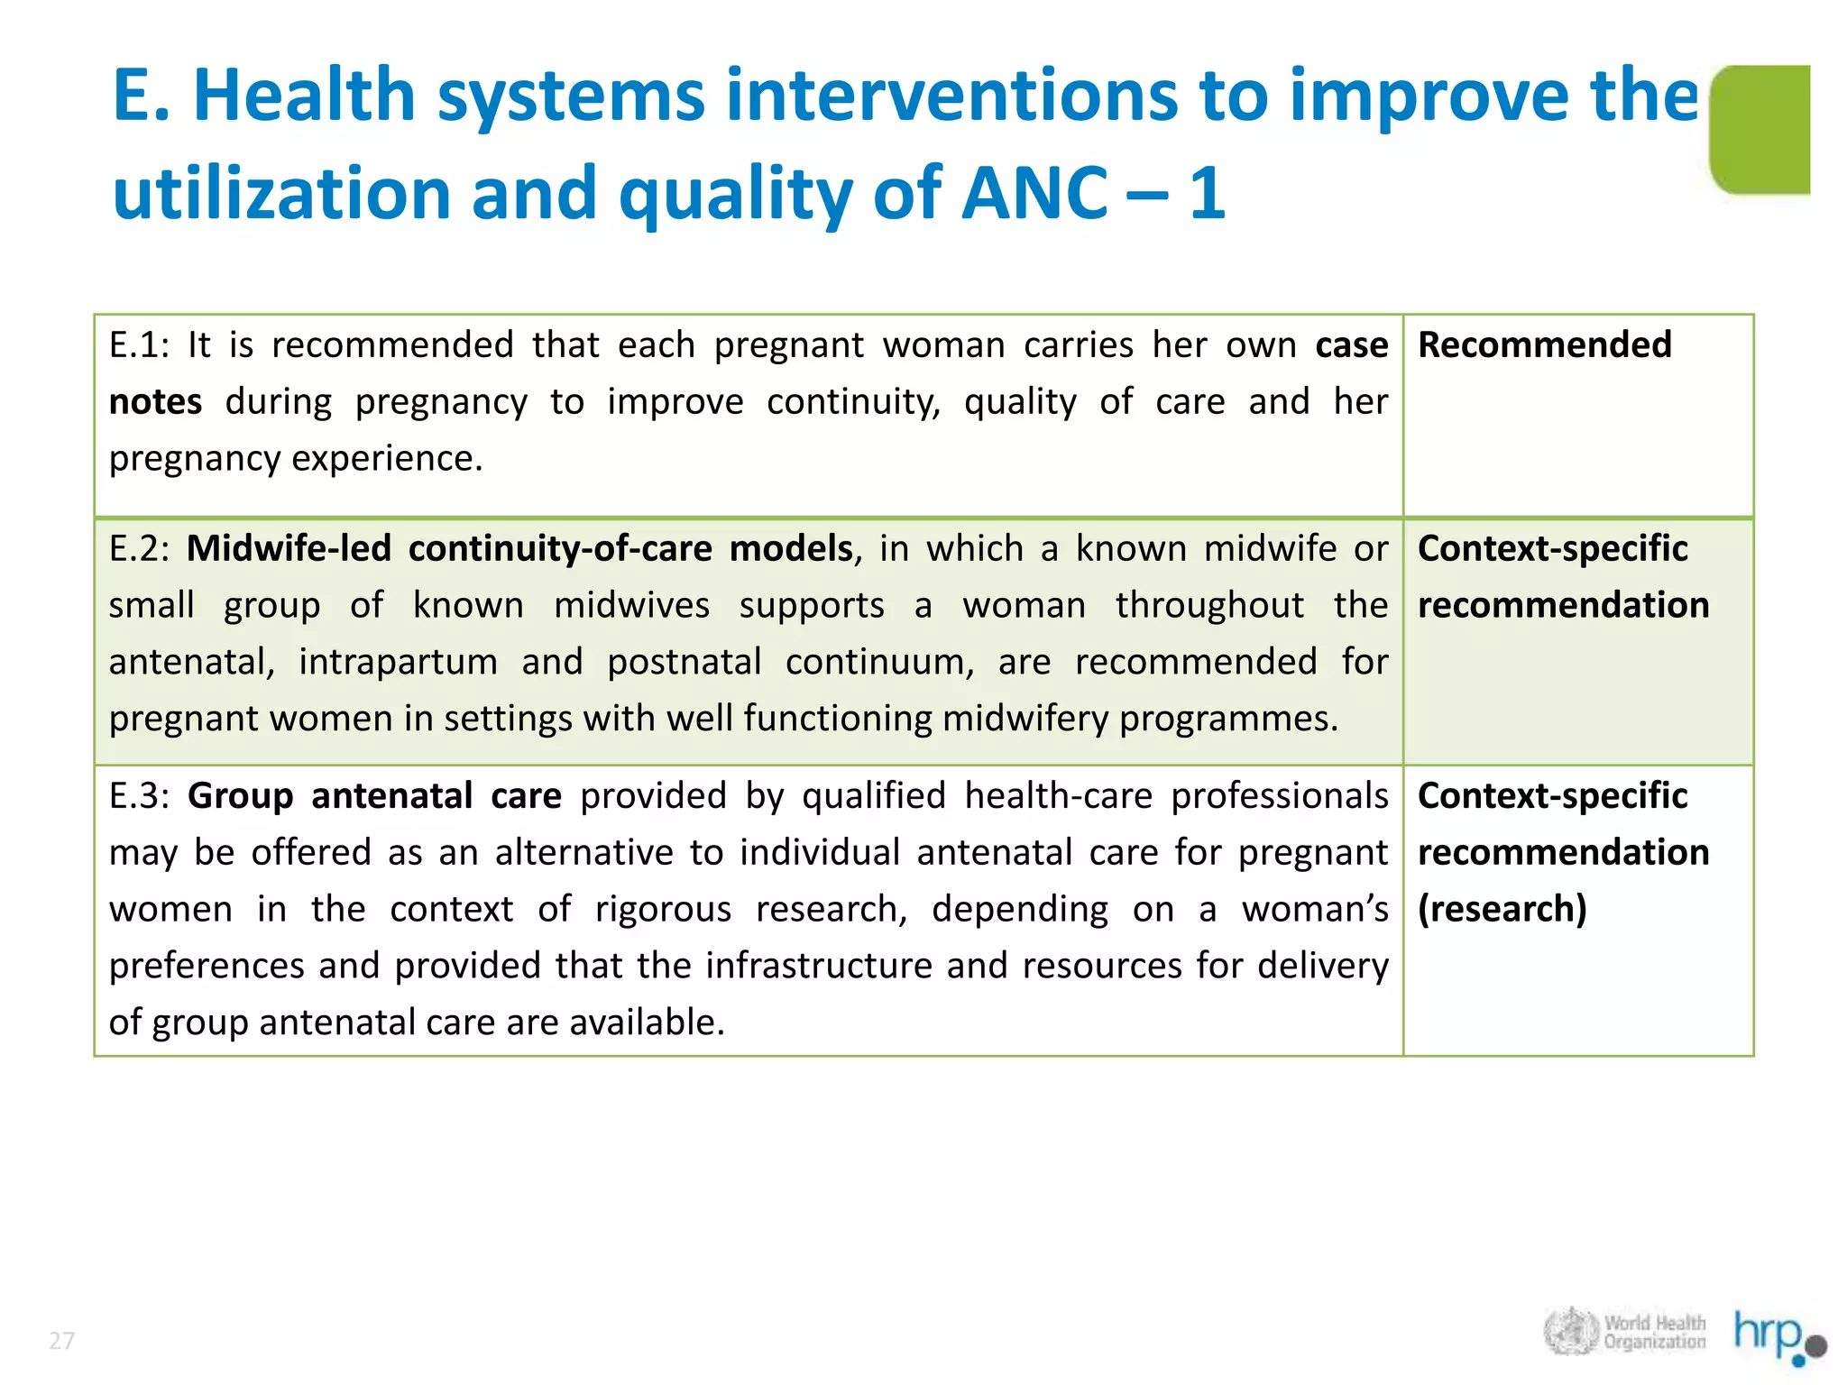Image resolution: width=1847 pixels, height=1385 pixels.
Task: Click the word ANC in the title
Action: tap(1034, 193)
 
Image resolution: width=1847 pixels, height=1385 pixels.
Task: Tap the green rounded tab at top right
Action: tap(1760, 129)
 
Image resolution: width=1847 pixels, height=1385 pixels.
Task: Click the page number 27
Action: tap(61, 1341)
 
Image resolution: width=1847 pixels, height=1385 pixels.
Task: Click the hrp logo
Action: tap(1778, 1334)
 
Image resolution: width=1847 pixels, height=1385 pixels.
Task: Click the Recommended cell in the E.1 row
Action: tap(1544, 345)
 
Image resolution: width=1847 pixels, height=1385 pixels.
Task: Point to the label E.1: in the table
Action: tap(139, 345)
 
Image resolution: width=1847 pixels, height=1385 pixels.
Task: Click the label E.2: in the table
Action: tap(139, 549)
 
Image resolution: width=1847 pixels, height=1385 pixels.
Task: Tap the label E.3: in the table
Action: tap(139, 796)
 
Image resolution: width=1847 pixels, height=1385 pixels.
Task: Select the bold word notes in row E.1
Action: tap(155, 402)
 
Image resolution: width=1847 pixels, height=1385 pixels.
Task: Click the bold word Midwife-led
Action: tap(289, 549)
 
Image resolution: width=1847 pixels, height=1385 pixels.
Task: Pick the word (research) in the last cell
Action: tap(1502, 909)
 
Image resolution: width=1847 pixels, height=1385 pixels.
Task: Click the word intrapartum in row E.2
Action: tap(398, 663)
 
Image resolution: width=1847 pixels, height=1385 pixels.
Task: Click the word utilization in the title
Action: tap(281, 193)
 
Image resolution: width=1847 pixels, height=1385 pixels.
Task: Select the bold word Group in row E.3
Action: tap(240, 796)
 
